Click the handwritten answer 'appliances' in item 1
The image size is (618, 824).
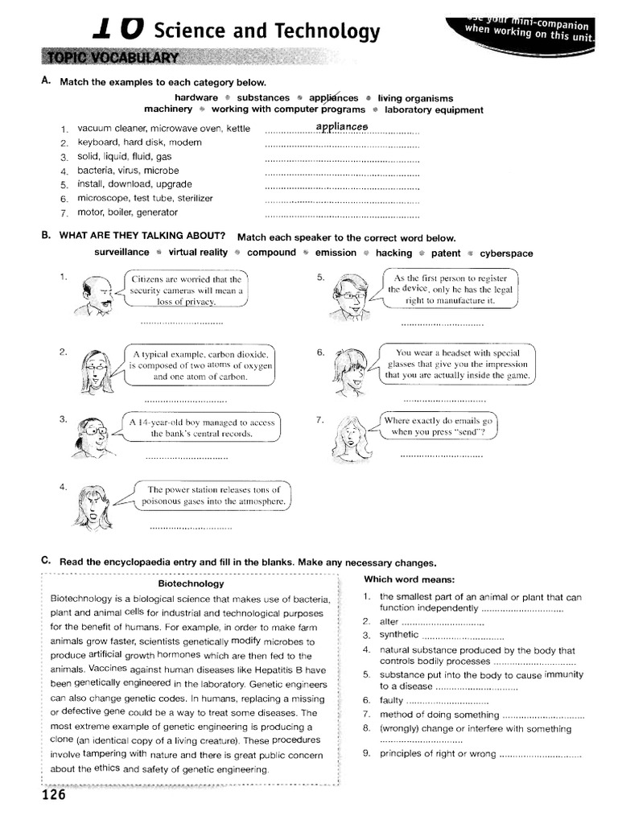coord(342,127)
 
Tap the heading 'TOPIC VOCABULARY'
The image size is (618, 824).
coord(113,58)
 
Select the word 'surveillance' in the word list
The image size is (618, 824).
coord(122,253)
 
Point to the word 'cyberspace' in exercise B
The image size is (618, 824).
coord(506,253)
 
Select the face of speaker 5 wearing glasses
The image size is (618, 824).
coord(348,293)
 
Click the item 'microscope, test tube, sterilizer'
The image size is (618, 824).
coord(145,198)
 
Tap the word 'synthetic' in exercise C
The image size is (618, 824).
coord(399,635)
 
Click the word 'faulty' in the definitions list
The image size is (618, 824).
coord(392,700)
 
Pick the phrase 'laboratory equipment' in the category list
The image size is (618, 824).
coord(434,109)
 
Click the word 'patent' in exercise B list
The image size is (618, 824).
coord(447,253)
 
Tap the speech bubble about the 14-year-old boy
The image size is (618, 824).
coord(202,427)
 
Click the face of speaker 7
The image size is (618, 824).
coord(349,435)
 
